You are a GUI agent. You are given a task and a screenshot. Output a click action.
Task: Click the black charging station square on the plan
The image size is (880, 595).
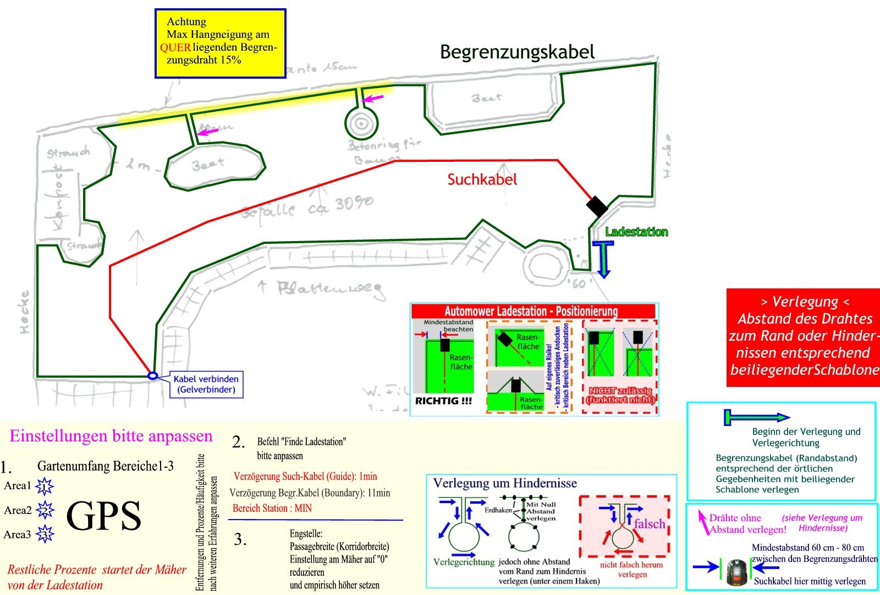597,206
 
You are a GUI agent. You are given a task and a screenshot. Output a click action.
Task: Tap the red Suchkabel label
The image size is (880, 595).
482,179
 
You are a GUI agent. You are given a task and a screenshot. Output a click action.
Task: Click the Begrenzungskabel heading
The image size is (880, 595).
517,52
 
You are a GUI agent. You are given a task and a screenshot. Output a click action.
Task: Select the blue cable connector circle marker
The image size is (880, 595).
153,376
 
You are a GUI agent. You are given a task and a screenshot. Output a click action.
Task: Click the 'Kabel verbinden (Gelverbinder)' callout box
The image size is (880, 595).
206,384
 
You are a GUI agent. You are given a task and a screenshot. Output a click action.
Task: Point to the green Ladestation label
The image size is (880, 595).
636,232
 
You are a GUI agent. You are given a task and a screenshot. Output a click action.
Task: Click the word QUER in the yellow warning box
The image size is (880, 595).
175,47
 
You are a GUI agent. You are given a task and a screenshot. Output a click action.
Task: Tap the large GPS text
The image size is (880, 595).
103,516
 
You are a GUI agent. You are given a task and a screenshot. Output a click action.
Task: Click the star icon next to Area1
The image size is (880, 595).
44,487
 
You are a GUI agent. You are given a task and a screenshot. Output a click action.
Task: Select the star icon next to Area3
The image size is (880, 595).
45,534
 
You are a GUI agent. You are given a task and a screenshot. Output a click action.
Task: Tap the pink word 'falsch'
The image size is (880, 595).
650,523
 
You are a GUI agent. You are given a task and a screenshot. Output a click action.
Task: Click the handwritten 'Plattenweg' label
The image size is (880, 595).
330,290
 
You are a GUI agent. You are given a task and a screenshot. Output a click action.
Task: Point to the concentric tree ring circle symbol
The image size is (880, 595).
360,124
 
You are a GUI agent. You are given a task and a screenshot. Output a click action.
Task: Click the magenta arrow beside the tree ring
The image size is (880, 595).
373,99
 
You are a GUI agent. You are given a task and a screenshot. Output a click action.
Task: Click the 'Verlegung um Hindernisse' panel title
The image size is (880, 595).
505,483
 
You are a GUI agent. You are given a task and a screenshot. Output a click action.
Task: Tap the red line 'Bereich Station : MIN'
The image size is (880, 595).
272,508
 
